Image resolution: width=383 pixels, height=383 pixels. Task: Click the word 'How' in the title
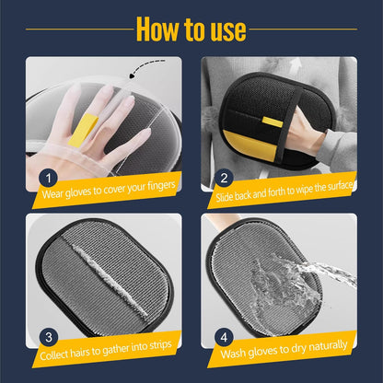158,29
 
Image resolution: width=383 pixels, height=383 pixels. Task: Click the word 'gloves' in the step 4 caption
273,347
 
